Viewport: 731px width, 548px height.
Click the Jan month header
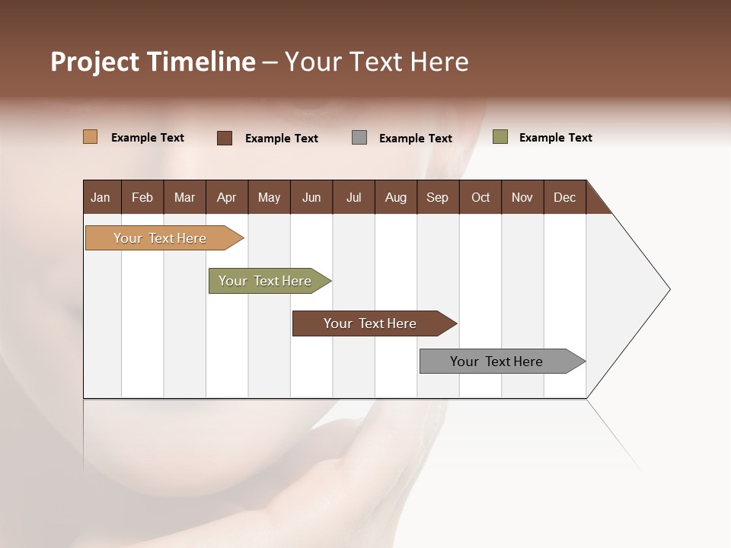(101, 197)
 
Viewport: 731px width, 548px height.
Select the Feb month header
(142, 197)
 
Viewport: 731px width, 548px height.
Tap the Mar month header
(184, 197)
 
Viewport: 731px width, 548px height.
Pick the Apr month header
(226, 197)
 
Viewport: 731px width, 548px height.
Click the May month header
(269, 197)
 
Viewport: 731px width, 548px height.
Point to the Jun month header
(311, 197)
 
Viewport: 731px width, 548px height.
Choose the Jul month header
(353, 197)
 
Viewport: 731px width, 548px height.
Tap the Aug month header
(395, 197)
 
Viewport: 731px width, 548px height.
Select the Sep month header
(437, 197)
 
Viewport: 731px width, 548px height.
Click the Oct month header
(480, 197)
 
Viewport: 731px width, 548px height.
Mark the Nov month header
(522, 197)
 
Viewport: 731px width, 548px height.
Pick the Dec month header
(564, 197)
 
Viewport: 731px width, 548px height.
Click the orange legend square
(91, 137)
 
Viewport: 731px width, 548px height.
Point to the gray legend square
(359, 138)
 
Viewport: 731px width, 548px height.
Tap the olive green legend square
(500, 137)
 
